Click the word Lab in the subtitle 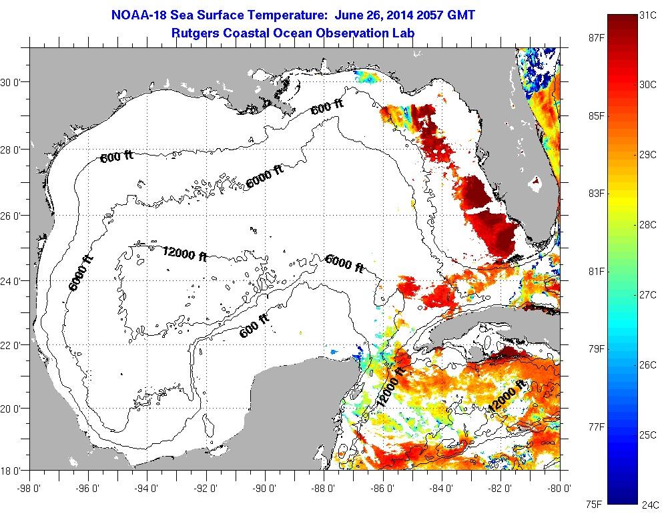pos(414,32)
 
